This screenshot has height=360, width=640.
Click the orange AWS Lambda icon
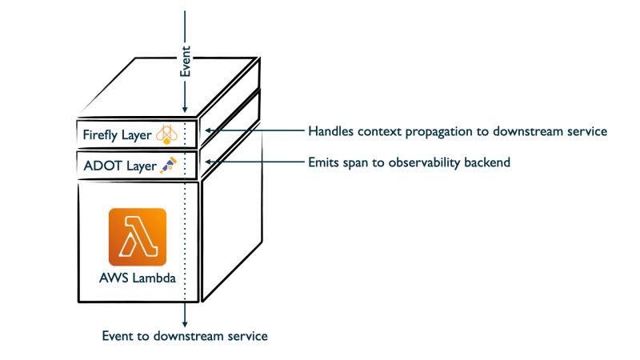(138, 237)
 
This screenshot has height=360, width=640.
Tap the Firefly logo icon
(166, 134)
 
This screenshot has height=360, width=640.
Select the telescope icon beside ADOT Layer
(169, 166)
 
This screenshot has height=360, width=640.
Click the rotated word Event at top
(186, 62)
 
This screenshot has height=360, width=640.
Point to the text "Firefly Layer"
(117, 134)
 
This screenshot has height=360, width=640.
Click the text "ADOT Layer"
(120, 166)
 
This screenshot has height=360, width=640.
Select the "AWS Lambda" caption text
(138, 278)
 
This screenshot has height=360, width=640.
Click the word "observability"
(424, 162)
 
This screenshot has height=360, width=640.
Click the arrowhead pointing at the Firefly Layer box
(208, 130)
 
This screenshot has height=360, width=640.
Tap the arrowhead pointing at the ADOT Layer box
(208, 162)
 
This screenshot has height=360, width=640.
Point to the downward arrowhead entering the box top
(185, 109)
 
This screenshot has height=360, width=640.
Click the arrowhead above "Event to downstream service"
(185, 324)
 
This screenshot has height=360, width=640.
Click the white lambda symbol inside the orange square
(138, 237)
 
